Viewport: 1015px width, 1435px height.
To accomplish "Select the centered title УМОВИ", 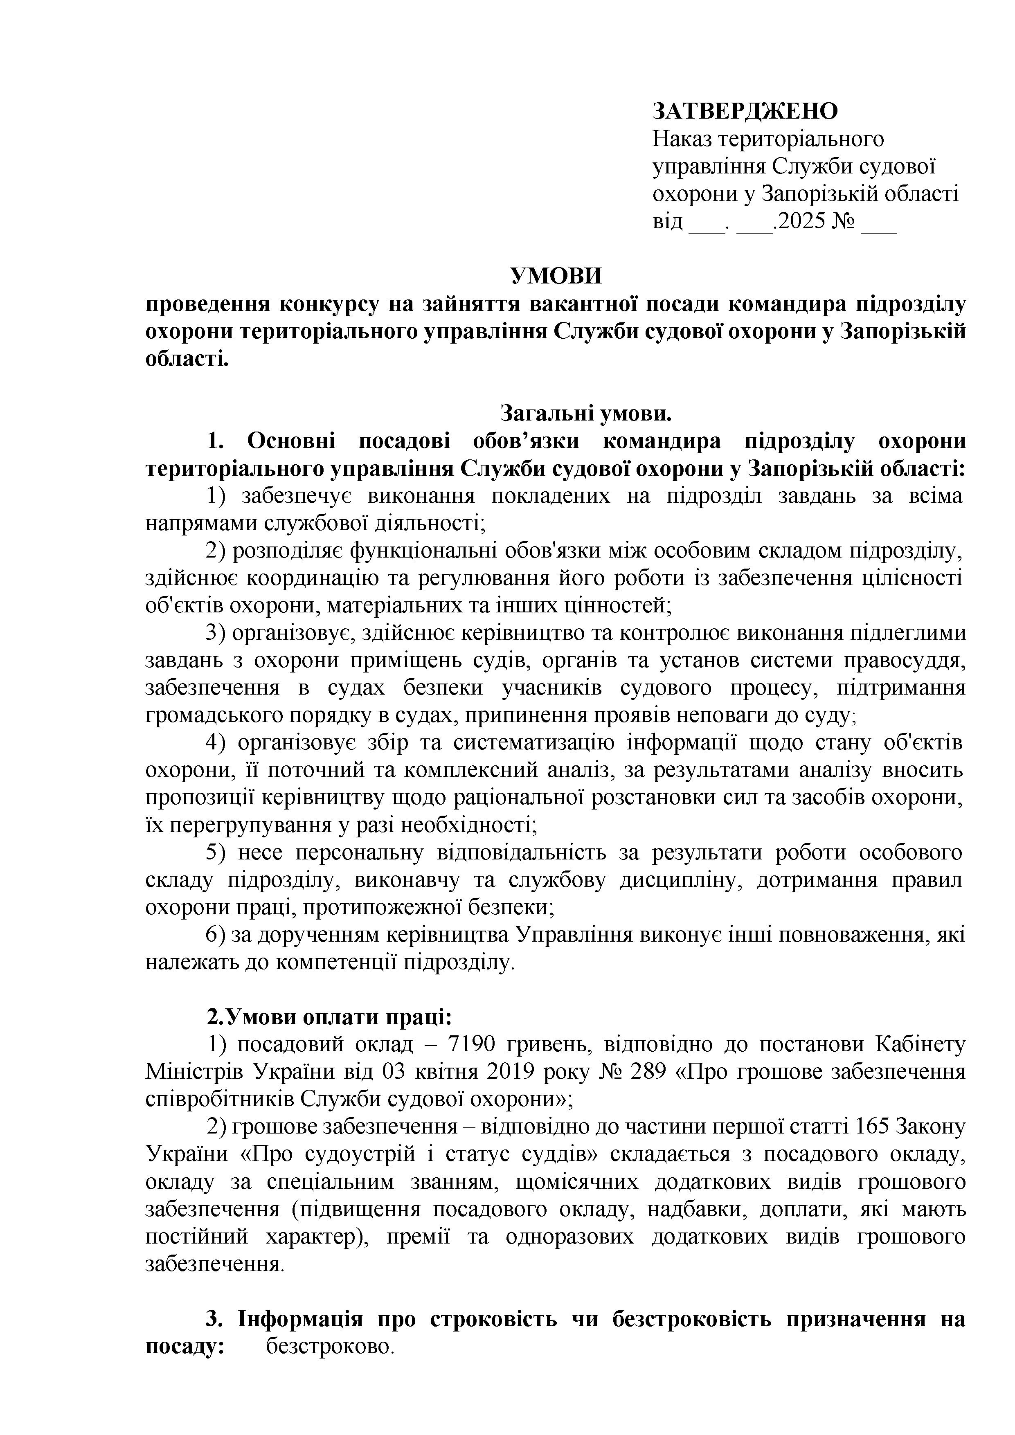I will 556,276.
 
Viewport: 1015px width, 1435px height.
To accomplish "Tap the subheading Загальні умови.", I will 585,413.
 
